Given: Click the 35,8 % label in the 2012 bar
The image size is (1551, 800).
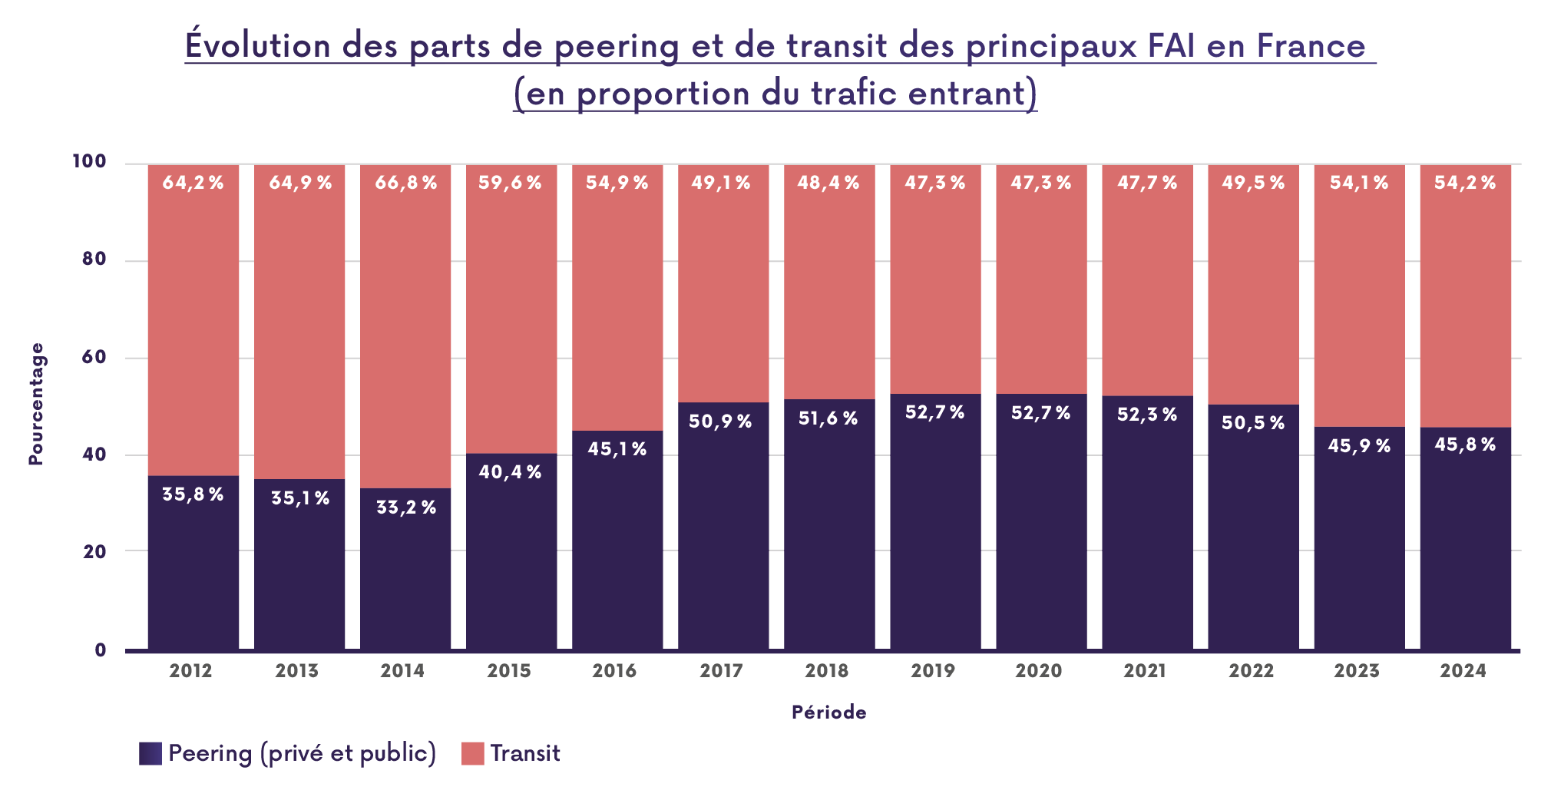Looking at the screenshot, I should pyautogui.click(x=193, y=494).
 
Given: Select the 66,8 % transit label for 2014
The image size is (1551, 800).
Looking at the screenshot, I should pyautogui.click(x=405, y=183).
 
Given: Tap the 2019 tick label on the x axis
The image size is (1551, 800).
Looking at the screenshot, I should pyautogui.click(x=933, y=671).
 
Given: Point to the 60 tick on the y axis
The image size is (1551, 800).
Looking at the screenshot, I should pyautogui.click(x=94, y=358).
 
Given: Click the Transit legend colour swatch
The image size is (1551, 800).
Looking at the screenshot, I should pyautogui.click(x=472, y=753).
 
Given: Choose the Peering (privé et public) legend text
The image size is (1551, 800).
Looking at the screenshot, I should pyautogui.click(x=302, y=753).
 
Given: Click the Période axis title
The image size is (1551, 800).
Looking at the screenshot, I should pyautogui.click(x=828, y=712).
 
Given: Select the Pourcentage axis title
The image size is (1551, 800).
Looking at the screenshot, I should pyautogui.click(x=36, y=404).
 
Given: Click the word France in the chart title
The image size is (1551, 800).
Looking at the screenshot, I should pyautogui.click(x=1311, y=45).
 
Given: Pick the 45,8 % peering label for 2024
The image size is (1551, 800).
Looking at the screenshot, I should pyautogui.click(x=1465, y=445).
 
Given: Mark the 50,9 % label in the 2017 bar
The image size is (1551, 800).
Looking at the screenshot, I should pyautogui.click(x=720, y=421).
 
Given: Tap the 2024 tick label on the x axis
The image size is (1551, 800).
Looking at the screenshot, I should pyautogui.click(x=1463, y=671).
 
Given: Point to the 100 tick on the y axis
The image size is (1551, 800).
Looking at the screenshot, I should pyautogui.click(x=89, y=162).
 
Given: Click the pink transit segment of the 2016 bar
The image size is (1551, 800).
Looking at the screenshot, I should pyautogui.click(x=617, y=307).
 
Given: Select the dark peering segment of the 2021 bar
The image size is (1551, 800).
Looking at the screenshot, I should pyautogui.click(x=1147, y=537).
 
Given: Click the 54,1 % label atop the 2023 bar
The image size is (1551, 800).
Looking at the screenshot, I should pyautogui.click(x=1359, y=183).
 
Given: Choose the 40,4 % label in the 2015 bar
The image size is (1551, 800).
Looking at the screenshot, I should pyautogui.click(x=511, y=472).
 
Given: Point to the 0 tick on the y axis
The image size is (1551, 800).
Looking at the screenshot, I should pyautogui.click(x=100, y=650).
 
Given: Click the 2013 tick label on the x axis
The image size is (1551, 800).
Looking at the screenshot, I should pyautogui.click(x=297, y=671).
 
